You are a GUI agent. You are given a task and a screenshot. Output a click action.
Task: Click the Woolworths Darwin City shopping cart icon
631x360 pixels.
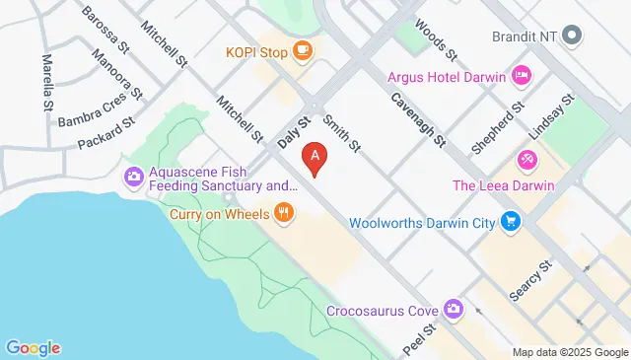(x=510, y=223)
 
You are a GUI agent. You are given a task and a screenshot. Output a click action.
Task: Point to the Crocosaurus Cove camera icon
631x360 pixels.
(x=453, y=311)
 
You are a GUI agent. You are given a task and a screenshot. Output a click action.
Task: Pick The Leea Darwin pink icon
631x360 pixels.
(x=527, y=158)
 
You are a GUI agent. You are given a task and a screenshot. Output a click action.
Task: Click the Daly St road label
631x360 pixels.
(x=294, y=132)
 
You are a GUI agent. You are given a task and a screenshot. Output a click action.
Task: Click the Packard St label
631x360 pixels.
(x=106, y=135)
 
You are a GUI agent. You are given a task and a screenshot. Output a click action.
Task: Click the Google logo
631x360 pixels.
(x=33, y=347)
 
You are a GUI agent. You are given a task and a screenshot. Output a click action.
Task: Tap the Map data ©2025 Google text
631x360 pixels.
(x=570, y=352)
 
